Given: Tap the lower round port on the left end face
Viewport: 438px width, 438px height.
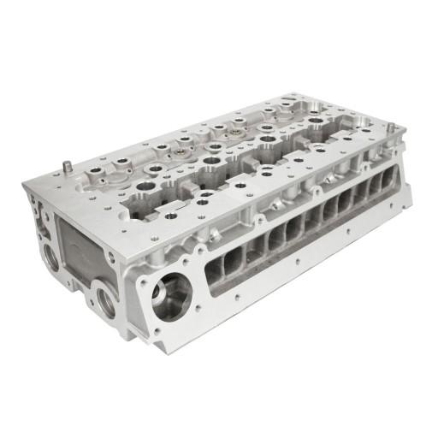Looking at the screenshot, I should point(107,300).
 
